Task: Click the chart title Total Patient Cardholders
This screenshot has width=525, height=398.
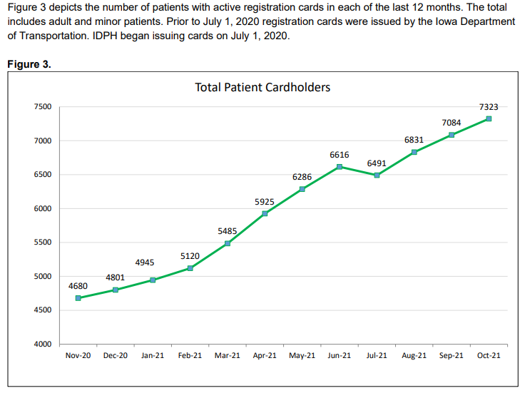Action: point(262,87)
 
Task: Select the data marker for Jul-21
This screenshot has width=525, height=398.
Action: point(377,175)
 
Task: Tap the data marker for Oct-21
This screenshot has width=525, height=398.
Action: point(489,118)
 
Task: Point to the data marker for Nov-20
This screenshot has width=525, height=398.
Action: point(78,298)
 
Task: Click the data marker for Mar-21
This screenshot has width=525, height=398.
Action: point(228,243)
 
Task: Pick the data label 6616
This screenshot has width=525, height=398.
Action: point(339,155)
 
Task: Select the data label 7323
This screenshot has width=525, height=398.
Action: point(489,107)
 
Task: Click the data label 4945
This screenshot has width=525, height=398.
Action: point(145,262)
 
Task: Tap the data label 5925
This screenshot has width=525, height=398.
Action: point(265,203)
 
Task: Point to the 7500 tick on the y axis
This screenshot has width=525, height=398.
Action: point(43,107)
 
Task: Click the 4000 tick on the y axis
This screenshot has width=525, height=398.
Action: point(43,345)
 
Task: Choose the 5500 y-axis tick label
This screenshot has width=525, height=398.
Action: point(43,243)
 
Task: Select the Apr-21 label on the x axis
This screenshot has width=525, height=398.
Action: point(265,355)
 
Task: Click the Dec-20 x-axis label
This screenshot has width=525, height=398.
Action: point(116,355)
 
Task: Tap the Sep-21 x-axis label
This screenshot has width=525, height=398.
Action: point(452,355)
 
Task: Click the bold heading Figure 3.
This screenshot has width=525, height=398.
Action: point(29,64)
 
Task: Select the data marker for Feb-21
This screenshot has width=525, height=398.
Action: point(190,268)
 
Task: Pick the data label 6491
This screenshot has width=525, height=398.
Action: point(377,163)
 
